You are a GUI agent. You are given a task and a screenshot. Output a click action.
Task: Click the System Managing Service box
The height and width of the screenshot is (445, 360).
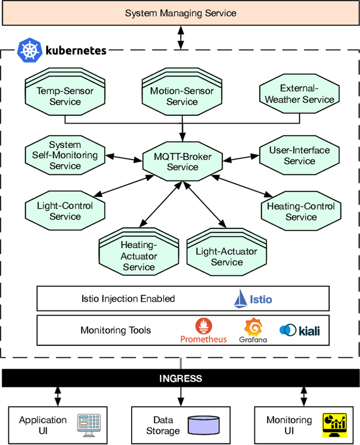[180, 13]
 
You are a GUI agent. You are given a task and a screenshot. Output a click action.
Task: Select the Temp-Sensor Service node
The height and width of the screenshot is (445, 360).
[65, 96]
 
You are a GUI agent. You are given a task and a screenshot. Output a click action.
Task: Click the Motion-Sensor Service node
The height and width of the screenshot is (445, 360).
[182, 96]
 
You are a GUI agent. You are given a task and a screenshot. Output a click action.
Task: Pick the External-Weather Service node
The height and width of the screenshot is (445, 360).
[299, 94]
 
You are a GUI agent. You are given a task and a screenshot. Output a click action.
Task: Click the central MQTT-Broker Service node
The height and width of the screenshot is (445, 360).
[182, 161]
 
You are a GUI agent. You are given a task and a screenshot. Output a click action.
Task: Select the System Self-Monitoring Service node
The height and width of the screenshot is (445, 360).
[65, 155]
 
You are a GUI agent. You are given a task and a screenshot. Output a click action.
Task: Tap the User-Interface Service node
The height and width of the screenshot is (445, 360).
[299, 155]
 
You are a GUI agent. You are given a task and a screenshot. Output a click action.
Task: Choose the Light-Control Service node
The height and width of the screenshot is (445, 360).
[65, 211]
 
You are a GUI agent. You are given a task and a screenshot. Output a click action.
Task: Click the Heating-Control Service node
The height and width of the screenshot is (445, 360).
[300, 212]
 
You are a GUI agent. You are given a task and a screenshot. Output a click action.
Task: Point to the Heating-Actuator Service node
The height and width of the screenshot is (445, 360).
[138, 256]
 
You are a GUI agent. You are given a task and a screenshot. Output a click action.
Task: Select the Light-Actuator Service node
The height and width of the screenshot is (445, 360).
[227, 257]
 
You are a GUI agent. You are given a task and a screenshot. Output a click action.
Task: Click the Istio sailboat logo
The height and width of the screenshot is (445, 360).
[241, 299]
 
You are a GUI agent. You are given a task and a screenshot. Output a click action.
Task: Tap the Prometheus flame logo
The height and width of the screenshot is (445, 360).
[204, 326]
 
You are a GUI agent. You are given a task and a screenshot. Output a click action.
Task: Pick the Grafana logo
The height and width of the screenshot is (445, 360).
[253, 327]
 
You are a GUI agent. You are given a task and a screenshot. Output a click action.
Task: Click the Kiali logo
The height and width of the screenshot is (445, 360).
[288, 330]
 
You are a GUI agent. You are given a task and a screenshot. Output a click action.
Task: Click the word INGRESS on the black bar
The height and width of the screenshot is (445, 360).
[180, 378]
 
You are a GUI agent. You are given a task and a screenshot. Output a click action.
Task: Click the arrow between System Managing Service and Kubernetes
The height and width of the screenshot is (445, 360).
[181, 37]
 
